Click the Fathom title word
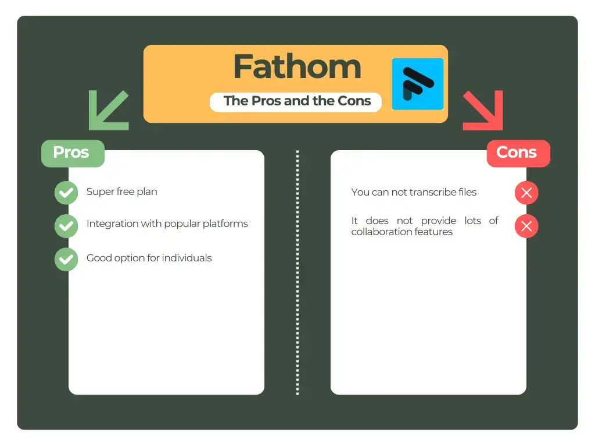297,67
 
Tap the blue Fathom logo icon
417,84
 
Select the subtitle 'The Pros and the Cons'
297,101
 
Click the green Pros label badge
72,152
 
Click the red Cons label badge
517,152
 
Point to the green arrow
108,110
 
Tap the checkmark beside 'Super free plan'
66,193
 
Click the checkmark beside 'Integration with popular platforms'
66,226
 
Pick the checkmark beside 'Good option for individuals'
66,259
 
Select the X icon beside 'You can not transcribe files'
526,193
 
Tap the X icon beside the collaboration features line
526,226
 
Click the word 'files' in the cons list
466,192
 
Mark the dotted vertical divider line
297,274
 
